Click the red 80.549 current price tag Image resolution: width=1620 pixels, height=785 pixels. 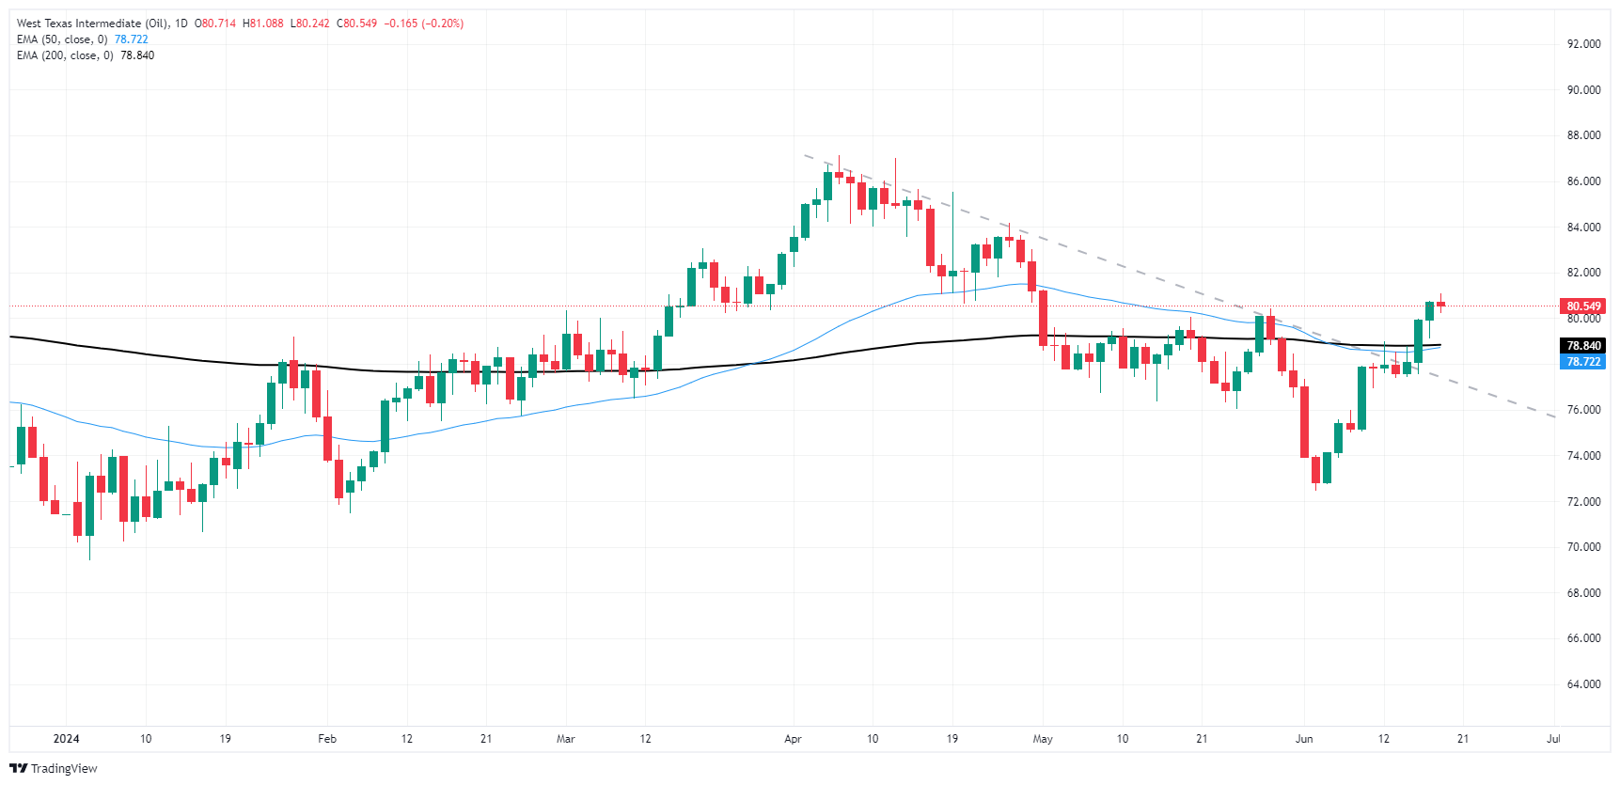coord(1583,306)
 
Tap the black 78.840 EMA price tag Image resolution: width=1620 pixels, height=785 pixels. coord(1583,346)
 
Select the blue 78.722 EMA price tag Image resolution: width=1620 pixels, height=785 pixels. coord(1583,362)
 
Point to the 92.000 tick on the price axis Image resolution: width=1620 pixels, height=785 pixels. coord(1583,44)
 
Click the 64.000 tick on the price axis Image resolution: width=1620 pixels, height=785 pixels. coord(1583,684)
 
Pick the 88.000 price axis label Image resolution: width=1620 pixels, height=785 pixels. coord(1583,135)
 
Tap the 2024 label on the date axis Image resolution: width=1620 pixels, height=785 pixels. coord(66,739)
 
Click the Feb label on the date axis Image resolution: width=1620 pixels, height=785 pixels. coord(327,739)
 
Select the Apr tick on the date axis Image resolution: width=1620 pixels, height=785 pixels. coord(793,739)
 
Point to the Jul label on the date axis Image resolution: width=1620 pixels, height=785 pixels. coord(1553,739)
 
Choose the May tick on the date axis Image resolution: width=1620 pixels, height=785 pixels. coord(1043,739)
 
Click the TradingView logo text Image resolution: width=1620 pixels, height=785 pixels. coord(64,769)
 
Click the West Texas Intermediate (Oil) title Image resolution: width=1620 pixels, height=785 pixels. coord(92,24)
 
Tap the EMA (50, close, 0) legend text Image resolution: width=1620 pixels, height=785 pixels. coord(62,39)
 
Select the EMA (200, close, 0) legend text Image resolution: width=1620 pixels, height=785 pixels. coord(65,55)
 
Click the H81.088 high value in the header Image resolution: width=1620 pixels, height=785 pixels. coord(262,24)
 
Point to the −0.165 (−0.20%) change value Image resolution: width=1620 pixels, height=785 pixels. coord(424,24)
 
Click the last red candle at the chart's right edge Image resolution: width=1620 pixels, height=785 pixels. coord(1440,304)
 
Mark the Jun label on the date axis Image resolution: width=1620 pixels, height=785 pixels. coord(1303,739)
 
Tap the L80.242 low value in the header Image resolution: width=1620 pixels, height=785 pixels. coord(309,24)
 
